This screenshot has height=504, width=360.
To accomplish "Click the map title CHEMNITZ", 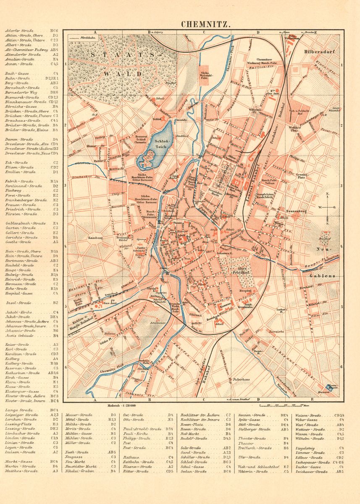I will (205, 24).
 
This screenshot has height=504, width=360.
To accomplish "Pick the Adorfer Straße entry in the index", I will (19, 31).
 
